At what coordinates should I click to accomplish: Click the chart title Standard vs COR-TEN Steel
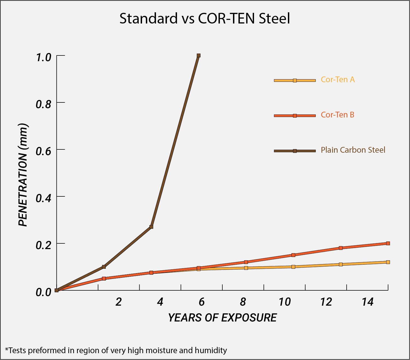coord(205,19)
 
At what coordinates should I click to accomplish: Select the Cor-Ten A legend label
coord(338,79)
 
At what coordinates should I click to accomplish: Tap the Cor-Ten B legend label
coord(338,115)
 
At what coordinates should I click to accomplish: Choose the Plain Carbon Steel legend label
coord(353,150)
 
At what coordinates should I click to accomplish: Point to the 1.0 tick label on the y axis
coord(43,57)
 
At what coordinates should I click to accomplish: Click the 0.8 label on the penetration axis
coord(43,104)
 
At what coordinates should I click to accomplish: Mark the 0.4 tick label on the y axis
coord(43,198)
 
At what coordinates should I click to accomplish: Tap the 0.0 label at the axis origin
coord(43,292)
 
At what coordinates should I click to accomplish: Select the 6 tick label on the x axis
coord(202,302)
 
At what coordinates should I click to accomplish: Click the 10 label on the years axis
coord(285,302)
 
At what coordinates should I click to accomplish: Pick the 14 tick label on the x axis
coord(367,302)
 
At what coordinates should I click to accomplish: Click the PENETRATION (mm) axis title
coord(23,175)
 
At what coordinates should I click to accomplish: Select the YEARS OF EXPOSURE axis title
coord(222,317)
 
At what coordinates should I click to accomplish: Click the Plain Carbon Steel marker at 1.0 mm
coord(199,55)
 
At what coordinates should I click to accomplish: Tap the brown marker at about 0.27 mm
coord(151,227)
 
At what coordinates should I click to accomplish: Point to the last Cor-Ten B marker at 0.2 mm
coord(388,243)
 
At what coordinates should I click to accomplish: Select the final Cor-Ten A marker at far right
coord(388,262)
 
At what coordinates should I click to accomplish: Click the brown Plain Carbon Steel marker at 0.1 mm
coord(104,267)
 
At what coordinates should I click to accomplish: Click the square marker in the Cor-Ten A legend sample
coord(295,81)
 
